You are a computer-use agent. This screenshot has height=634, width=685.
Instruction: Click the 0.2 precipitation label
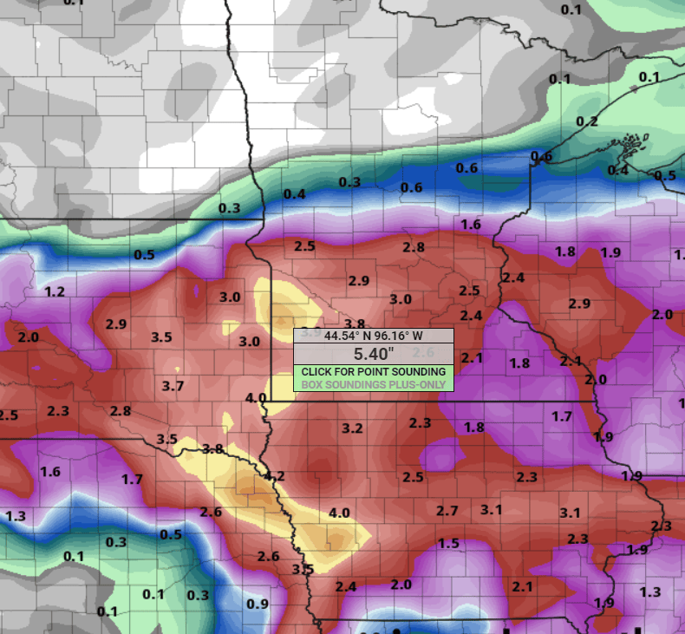[587, 121]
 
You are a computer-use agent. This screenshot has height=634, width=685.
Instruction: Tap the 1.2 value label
[55, 291]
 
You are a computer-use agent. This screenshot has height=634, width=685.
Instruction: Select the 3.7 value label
[173, 385]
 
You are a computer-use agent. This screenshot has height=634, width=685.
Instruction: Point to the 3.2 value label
[352, 428]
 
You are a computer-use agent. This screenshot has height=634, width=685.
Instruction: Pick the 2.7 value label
[447, 511]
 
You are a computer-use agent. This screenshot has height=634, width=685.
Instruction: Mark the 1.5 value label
[448, 543]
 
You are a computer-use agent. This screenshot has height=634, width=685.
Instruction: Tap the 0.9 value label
[258, 604]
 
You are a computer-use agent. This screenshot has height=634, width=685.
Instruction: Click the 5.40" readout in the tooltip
[374, 354]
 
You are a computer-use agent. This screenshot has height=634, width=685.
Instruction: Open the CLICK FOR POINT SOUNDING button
[374, 371]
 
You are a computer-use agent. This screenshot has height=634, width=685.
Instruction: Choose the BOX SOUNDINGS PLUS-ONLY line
[374, 384]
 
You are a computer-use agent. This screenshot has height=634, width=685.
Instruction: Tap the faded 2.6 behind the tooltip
[422, 352]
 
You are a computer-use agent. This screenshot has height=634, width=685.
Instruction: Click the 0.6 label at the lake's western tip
[541, 156]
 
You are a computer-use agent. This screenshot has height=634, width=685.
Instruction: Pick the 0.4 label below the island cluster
[617, 170]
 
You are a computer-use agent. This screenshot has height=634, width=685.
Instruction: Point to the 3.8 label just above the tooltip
[355, 324]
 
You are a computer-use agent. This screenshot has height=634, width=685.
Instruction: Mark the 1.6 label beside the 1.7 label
[50, 472]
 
